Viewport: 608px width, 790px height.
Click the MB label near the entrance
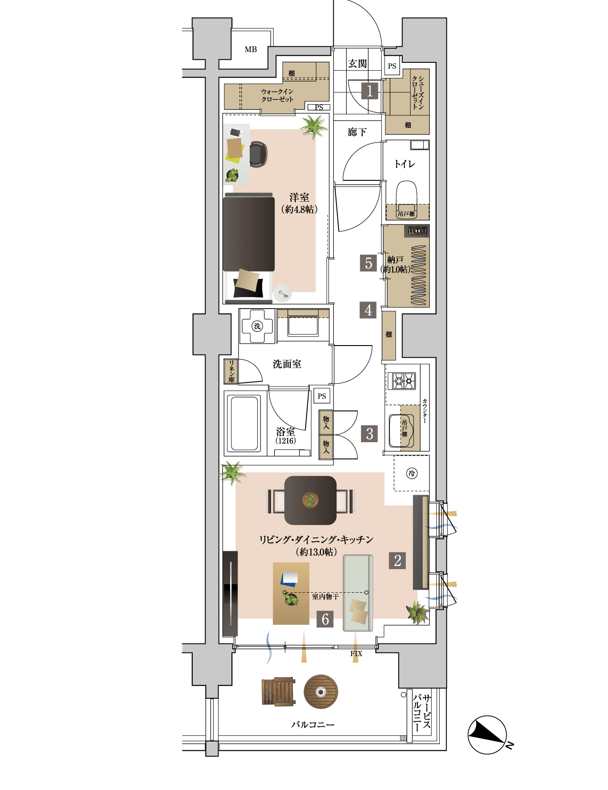point(251,49)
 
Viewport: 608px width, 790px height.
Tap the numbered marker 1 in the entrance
point(369,91)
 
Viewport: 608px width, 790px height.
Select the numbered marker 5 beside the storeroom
point(369,263)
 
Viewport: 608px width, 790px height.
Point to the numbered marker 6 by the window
point(325,619)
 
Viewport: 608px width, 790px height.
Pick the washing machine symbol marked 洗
point(257,326)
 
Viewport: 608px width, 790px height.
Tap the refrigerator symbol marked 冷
point(412,473)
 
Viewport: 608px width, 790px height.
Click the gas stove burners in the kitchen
point(401,381)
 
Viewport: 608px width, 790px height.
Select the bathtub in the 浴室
point(244,424)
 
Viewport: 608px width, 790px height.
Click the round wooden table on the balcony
point(321,692)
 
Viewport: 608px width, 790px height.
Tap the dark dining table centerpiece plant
point(310,500)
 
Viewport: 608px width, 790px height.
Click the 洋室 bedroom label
point(299,197)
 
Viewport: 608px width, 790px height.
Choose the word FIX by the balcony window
point(356,653)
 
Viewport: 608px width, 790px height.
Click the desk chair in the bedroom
point(258,154)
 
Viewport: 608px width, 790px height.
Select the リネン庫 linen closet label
point(231,371)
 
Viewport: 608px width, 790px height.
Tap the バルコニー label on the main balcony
point(312,725)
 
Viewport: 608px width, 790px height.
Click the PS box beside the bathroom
point(322,396)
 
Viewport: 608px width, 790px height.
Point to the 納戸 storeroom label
point(395,259)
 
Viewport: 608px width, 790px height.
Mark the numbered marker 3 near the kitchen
point(369,433)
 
